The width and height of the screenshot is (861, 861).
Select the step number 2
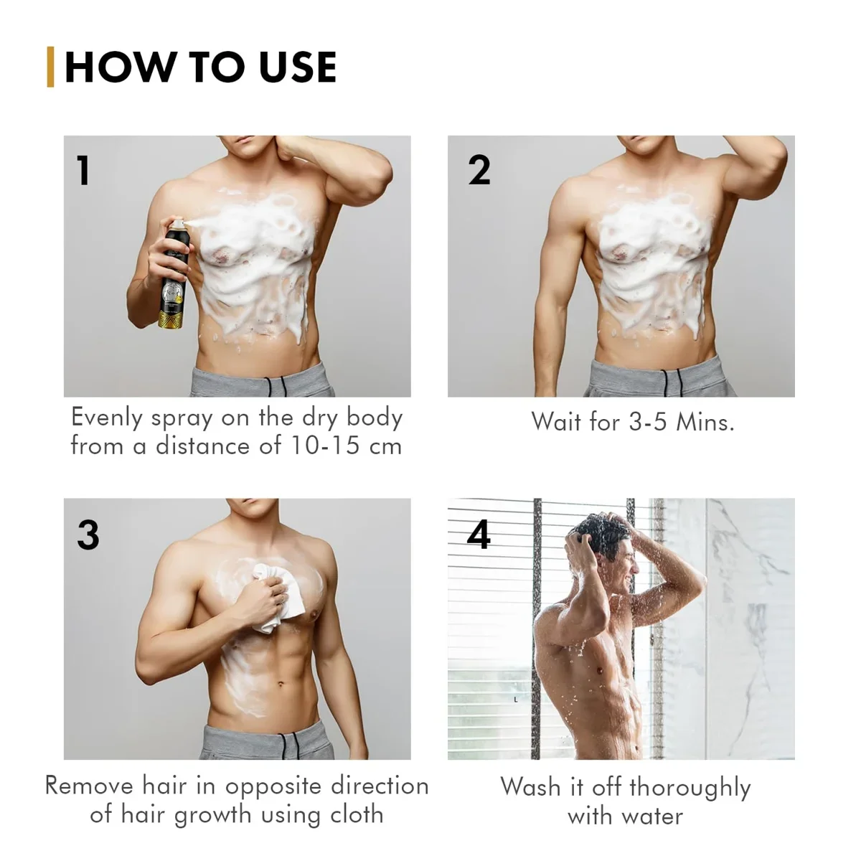(479, 171)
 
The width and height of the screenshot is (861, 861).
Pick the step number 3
(88, 535)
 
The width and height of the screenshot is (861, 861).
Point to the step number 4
(479, 535)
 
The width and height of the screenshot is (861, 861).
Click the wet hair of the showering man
(593, 535)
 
